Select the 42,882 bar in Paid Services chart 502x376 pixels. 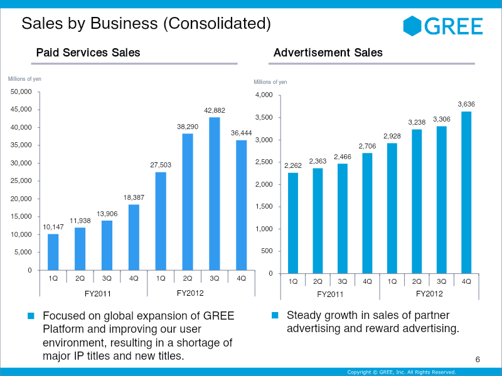point(215,194)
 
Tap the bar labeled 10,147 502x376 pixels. point(53,252)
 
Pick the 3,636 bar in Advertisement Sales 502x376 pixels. point(466,192)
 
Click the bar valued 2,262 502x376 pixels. point(293,223)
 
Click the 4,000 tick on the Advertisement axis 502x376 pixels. point(264,95)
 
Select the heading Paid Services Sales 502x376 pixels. point(88,53)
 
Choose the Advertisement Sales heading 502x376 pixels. point(328,53)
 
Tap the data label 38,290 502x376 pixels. point(188,127)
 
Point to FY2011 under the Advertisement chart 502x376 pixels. point(330,294)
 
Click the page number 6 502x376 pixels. point(478,359)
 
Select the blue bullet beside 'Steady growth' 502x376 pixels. point(274,315)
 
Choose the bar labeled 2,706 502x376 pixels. point(367,213)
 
